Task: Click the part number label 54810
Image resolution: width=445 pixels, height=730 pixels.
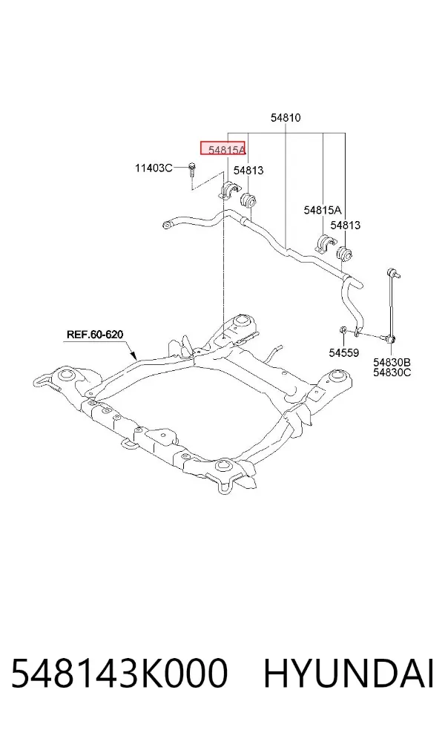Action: [x=286, y=118]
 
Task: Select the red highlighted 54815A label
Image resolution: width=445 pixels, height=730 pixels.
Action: [x=223, y=149]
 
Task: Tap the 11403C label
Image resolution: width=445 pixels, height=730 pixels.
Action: [x=154, y=168]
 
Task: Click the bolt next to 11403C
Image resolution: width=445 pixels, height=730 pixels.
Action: [x=192, y=170]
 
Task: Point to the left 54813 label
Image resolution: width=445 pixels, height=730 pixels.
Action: [x=248, y=171]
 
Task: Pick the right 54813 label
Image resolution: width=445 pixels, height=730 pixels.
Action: [x=346, y=226]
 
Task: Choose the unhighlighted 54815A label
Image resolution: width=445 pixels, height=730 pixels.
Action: [x=323, y=210]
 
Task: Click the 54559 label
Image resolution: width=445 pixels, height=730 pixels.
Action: [x=344, y=353]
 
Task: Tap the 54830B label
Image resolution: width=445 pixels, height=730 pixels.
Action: [x=392, y=362]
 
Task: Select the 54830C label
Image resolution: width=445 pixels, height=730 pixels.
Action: [x=392, y=372]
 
